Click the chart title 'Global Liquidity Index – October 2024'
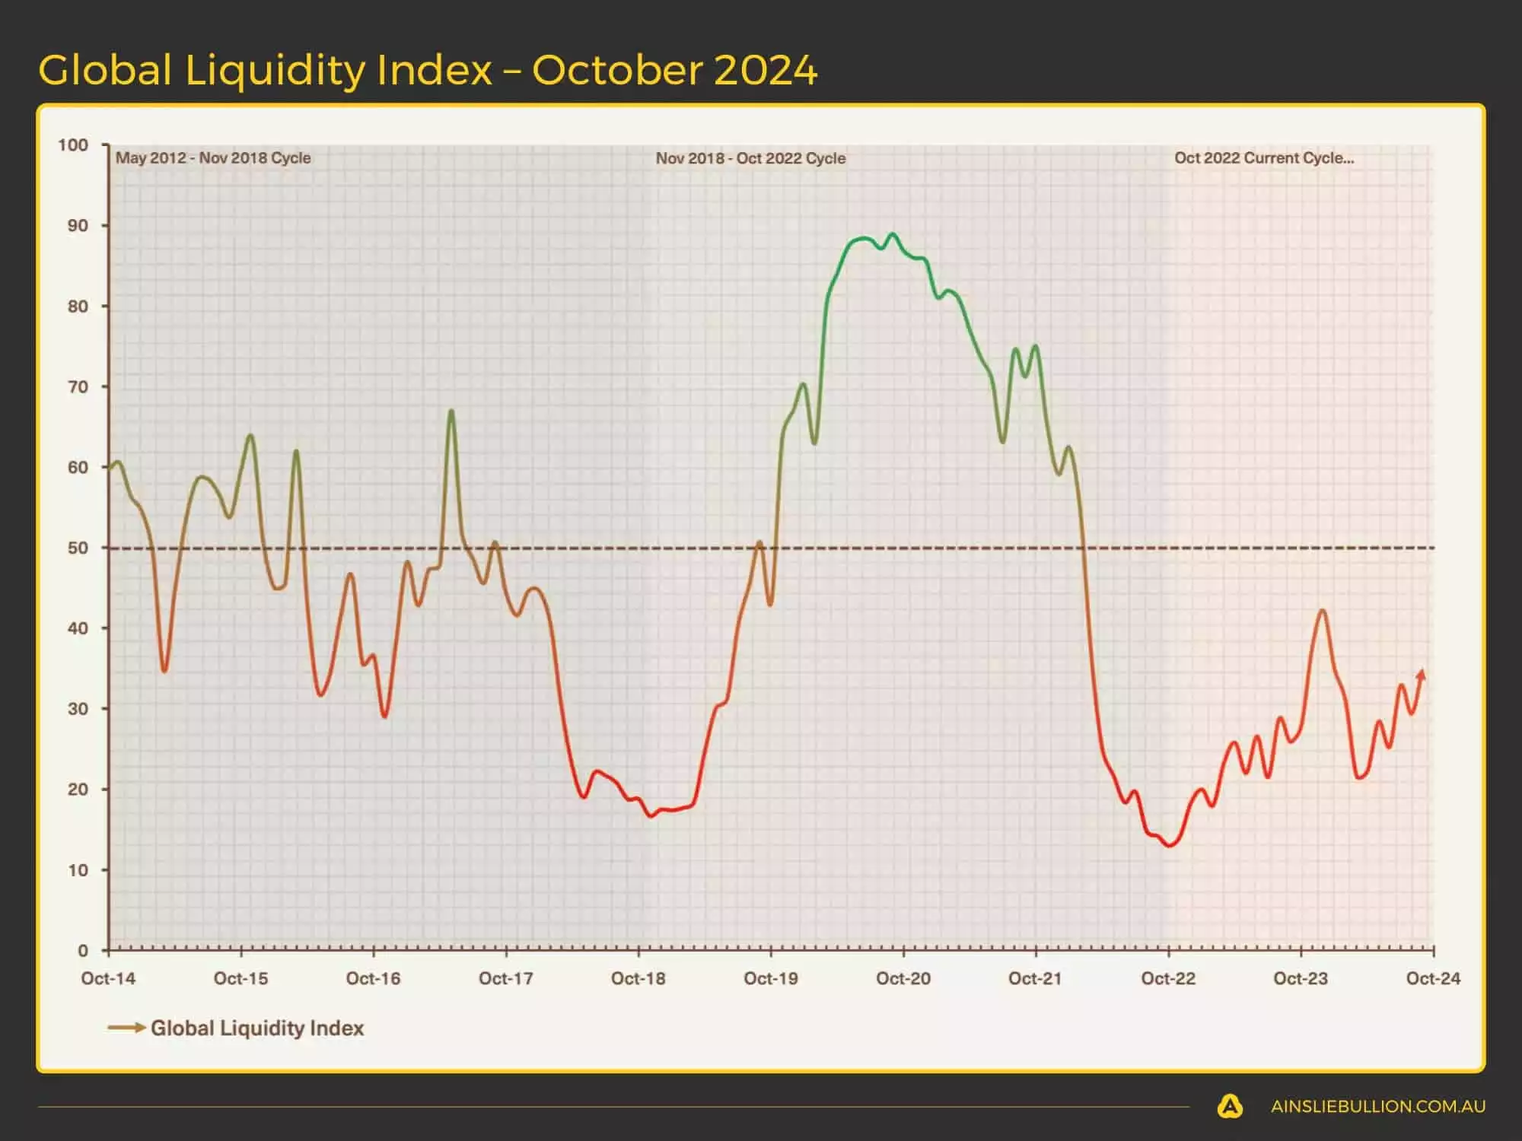point(428,70)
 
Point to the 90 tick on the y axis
point(78,226)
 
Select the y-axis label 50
point(78,548)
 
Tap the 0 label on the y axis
point(83,950)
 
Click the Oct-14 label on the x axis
point(108,979)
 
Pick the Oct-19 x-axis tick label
point(770,979)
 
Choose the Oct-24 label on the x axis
point(1433,979)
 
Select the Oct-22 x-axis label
point(1168,979)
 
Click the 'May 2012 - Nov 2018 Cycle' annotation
point(213,158)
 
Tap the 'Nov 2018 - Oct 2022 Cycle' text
point(750,158)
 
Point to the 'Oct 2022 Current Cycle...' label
point(1263,158)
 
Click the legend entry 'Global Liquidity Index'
point(257,1028)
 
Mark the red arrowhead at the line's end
point(1421,675)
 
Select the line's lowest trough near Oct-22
point(1170,845)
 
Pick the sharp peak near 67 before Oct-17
point(451,412)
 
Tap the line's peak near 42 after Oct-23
point(1323,610)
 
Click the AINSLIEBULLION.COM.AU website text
point(1377,1107)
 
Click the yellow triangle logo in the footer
point(1230,1106)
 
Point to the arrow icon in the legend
point(126,1028)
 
